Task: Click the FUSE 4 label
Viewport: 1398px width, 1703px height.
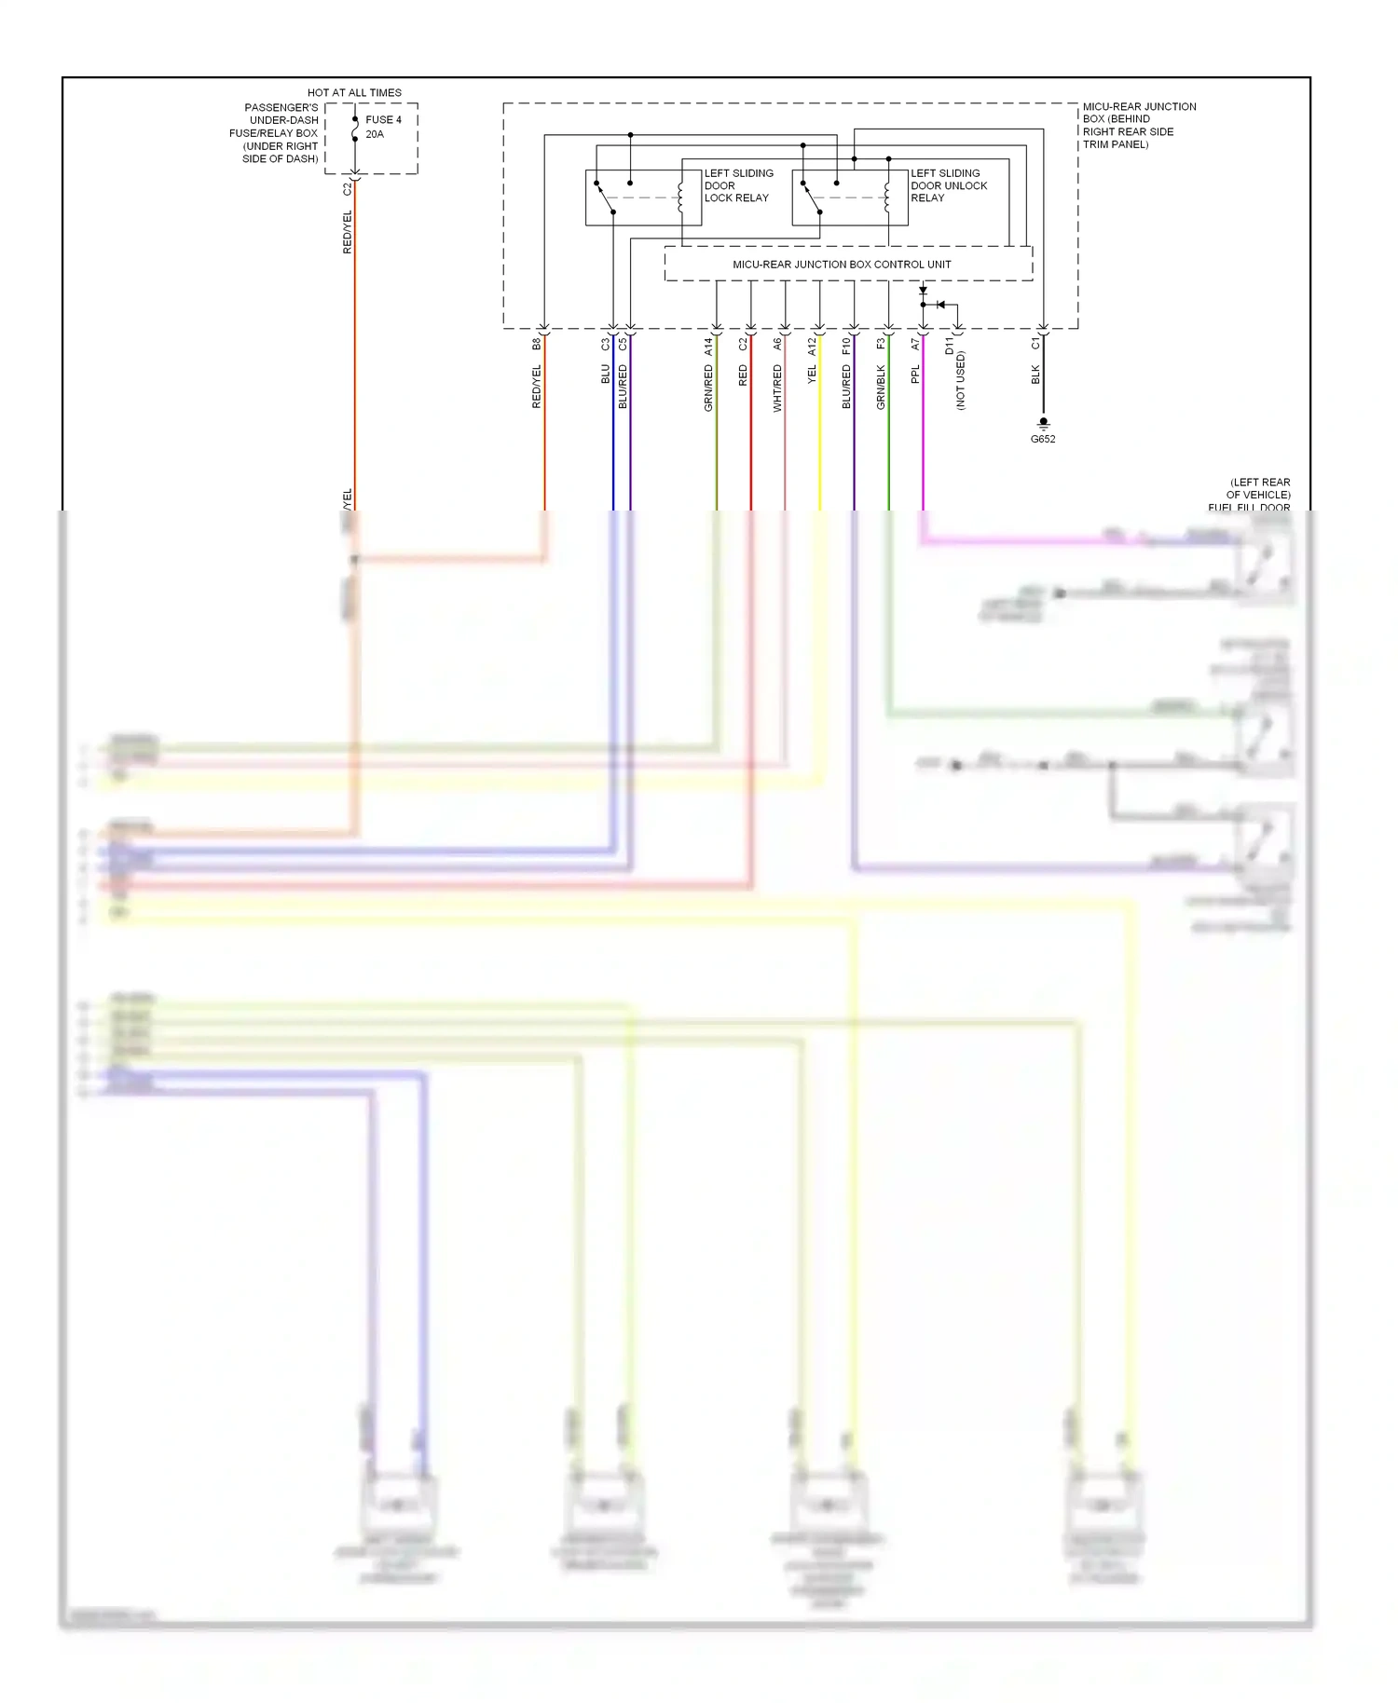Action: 383,120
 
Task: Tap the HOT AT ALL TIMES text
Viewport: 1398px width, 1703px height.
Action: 354,93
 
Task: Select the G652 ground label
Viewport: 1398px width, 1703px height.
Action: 1043,439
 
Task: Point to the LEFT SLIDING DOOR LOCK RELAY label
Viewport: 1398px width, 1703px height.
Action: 738,185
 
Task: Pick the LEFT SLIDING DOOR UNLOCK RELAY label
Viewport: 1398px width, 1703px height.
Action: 948,185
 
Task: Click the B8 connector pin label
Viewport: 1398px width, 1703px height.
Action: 537,344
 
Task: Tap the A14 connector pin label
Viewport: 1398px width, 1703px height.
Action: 708,347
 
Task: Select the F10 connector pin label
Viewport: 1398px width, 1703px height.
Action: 846,347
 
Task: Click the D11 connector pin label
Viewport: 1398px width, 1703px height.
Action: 950,347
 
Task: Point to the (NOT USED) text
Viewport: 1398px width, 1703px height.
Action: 961,380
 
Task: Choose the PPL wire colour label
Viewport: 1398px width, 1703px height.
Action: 915,375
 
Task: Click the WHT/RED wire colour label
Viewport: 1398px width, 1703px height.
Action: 777,388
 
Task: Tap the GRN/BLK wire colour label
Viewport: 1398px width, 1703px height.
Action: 881,387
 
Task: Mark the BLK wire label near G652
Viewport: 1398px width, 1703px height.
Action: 1035,375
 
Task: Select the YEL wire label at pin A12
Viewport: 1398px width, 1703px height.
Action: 812,375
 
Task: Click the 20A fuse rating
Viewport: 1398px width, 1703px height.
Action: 375,134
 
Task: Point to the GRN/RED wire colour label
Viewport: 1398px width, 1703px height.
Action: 708,388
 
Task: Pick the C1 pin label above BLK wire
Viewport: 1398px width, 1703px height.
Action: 1035,344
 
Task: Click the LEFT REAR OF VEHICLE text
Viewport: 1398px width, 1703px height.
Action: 1258,488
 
